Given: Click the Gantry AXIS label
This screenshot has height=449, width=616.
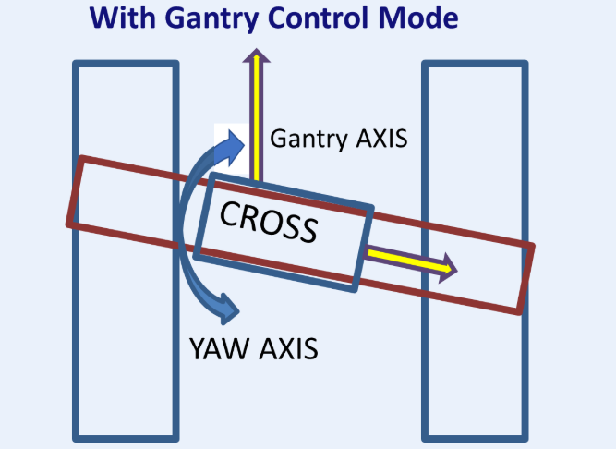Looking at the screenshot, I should [x=338, y=140].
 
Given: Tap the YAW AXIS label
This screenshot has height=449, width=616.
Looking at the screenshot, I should [x=253, y=348].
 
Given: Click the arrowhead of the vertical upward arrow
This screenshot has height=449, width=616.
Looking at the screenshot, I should [x=255, y=55].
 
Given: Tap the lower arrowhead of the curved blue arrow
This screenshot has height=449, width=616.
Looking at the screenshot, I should [x=227, y=306].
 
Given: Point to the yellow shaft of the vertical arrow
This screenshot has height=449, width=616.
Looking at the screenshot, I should [x=255, y=120].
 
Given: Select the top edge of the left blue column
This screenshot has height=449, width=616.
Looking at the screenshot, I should [x=126, y=64].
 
